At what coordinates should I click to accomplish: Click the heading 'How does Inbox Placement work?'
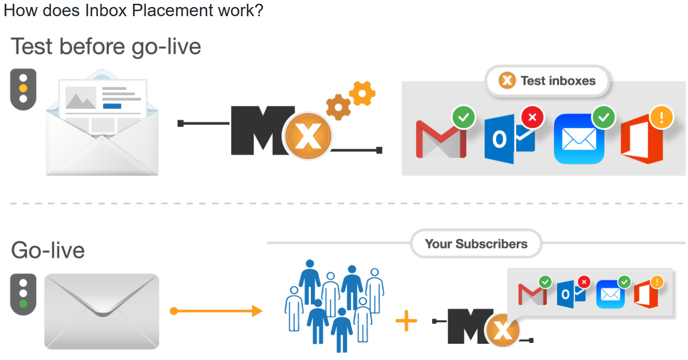coord(133,10)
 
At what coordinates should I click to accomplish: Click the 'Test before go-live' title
coord(106,46)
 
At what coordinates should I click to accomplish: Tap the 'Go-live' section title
coord(48,251)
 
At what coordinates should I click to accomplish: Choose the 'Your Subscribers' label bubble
coord(476,244)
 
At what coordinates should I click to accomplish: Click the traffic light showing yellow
coord(23,89)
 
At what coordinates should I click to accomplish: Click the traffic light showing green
coord(23,294)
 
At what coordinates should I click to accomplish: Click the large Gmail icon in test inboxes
coord(441,139)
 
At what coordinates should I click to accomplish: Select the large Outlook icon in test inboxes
coord(509,139)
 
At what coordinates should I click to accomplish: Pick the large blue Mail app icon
coord(579,139)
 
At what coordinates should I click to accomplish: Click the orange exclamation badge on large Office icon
coord(661,117)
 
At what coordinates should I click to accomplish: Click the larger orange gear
coord(338,107)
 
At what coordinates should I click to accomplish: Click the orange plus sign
coord(406,322)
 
